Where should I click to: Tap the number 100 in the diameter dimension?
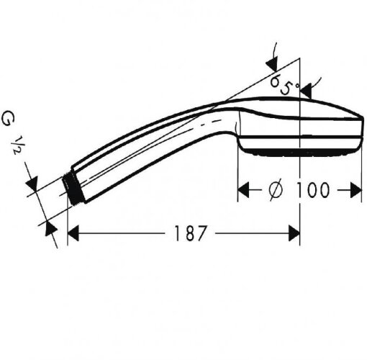(x=310, y=189)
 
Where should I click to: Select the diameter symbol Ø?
(x=276, y=189)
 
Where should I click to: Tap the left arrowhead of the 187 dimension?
(x=73, y=233)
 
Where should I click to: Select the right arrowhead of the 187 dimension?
(x=293, y=233)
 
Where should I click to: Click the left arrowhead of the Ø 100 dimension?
(x=244, y=189)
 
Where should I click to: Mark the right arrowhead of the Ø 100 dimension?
(x=353, y=189)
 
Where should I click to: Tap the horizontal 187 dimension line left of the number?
(x=122, y=233)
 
